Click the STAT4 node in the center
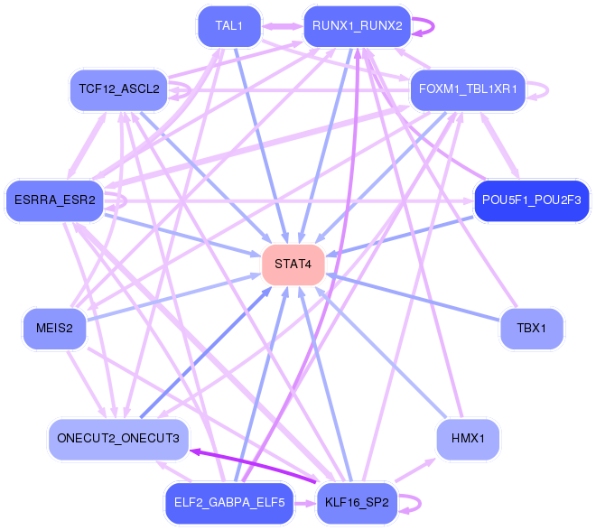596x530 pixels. click(x=293, y=265)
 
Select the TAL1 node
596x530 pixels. click(x=229, y=25)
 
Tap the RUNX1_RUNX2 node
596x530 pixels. click(x=357, y=25)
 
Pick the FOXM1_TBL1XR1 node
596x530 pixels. click(x=467, y=89)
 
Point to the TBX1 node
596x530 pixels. click(x=531, y=328)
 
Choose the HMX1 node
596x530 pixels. click(x=467, y=440)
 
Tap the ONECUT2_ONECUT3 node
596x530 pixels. click(x=118, y=439)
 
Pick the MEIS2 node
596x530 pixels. click(x=54, y=328)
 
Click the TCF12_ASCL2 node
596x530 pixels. click(x=118, y=88)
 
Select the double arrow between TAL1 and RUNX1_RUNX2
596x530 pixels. click(x=283, y=25)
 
